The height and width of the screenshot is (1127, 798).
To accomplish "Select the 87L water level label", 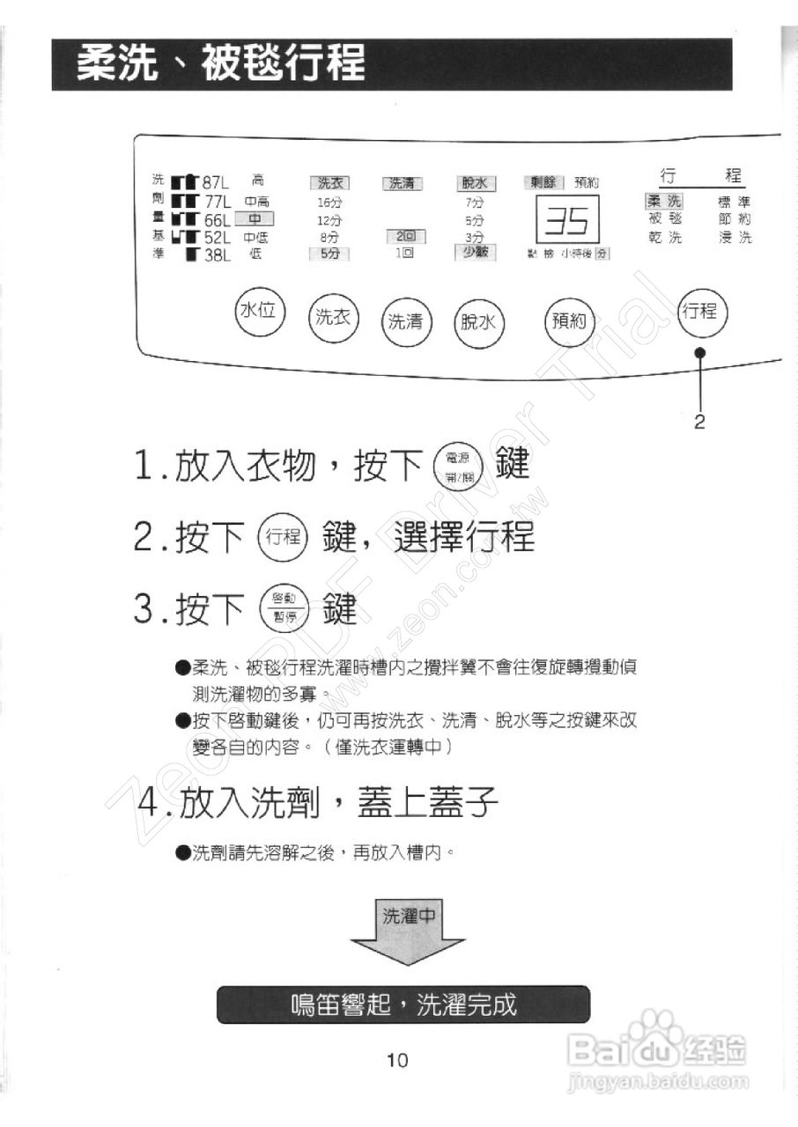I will pos(215,183).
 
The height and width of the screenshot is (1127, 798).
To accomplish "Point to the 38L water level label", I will pos(215,255).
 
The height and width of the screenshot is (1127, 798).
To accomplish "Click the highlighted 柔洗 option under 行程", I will pos(664,202).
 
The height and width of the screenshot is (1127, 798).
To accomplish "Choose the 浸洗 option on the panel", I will pos(735,238).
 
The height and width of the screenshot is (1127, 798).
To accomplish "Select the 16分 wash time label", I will pos(329,202).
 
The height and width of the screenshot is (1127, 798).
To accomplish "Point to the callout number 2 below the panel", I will pos(699,423).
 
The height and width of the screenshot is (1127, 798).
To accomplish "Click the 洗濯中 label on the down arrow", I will pos(409,916).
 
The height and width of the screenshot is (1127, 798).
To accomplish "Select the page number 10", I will pos(397,1060).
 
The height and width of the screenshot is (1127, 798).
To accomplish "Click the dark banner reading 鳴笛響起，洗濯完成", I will pos(403,1004).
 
